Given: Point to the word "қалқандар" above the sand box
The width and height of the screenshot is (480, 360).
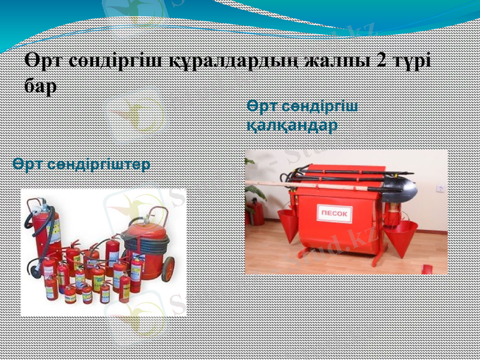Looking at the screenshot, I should [x=292, y=125].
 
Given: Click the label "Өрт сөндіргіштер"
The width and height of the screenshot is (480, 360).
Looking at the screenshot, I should [x=81, y=164].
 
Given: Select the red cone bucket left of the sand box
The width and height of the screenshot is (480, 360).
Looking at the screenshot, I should [x=289, y=223].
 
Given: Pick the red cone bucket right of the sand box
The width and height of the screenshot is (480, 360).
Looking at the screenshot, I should [x=400, y=235].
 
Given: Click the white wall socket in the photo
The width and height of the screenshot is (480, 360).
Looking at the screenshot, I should [x=441, y=188].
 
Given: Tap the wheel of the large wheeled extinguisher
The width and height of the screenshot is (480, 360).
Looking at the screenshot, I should [x=167, y=269].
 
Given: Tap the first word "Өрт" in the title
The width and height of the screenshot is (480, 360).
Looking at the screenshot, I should [x=44, y=61].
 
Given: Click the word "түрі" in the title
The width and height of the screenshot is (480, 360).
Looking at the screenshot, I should [x=417, y=61].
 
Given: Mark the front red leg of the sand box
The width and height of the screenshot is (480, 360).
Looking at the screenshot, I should [x=374, y=255].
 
